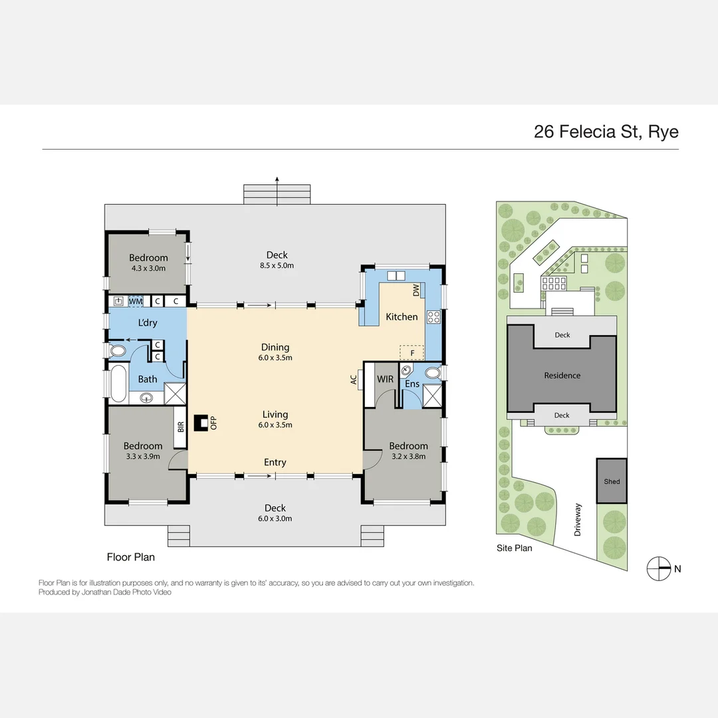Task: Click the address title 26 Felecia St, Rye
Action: [x=606, y=132]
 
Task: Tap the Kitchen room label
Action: [x=402, y=317]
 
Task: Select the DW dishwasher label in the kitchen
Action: [x=416, y=291]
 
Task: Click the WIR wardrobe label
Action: [x=385, y=379]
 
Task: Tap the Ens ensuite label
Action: [x=412, y=384]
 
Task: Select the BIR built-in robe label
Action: [x=180, y=427]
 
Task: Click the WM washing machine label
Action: [x=136, y=301]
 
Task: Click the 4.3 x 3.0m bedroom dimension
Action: [x=148, y=269]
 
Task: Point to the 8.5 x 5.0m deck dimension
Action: [x=277, y=265]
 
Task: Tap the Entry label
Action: [x=275, y=462]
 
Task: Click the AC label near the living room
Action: [x=354, y=380]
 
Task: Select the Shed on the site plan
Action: [x=612, y=481]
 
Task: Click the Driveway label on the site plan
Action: [x=578, y=519]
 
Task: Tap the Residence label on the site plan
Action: [x=562, y=376]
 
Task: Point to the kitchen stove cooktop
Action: [x=433, y=317]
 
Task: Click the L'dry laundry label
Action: [x=148, y=322]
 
